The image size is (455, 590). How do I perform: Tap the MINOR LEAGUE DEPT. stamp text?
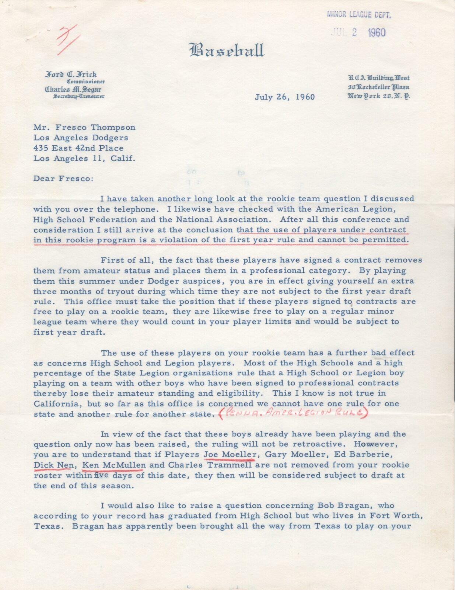(x=359, y=15)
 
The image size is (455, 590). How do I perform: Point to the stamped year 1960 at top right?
(x=377, y=32)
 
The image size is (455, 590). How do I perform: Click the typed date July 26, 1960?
(x=285, y=97)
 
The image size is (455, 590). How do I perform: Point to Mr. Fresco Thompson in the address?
(x=84, y=128)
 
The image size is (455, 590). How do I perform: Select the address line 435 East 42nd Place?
(x=78, y=148)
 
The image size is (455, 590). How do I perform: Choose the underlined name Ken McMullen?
(x=113, y=465)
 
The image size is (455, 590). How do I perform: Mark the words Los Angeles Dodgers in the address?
(x=81, y=138)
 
